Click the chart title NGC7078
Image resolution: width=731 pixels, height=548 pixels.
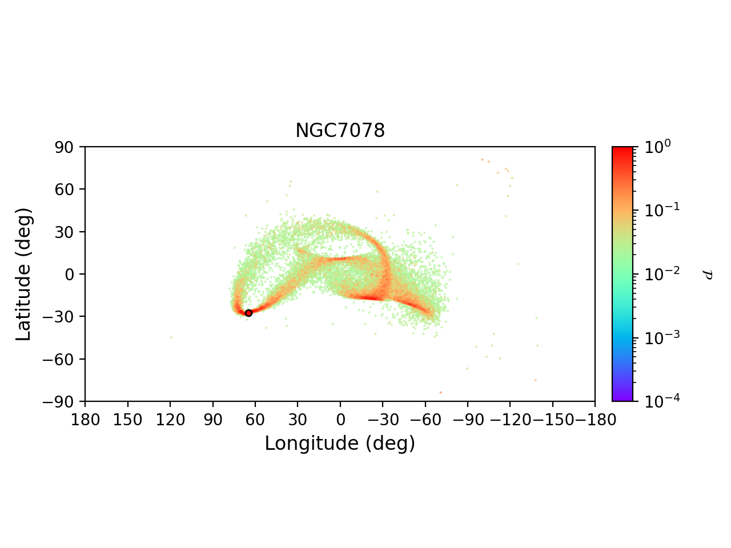pyautogui.click(x=340, y=131)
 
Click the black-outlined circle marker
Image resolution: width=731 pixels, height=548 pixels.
pyautogui.click(x=248, y=313)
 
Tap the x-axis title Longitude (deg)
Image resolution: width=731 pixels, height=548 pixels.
pyautogui.click(x=340, y=444)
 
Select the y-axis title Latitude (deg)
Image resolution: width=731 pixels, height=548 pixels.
pyautogui.click(x=23, y=274)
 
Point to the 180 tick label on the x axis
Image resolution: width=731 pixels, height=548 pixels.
pyautogui.click(x=85, y=420)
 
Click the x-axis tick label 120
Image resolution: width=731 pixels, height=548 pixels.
pyautogui.click(x=170, y=420)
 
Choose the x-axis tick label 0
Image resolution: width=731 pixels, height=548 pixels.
pyautogui.click(x=340, y=420)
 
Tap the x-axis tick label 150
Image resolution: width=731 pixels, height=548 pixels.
pyautogui.click(x=127, y=420)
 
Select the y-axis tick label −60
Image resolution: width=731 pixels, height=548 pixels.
pyautogui.click(x=62, y=359)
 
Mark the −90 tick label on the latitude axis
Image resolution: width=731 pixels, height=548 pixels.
pyautogui.click(x=62, y=401)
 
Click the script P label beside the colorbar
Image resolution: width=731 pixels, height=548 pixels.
pyautogui.click(x=708, y=275)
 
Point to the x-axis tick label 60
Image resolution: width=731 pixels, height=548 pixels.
pyautogui.click(x=255, y=420)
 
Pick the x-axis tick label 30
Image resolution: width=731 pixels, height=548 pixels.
pyautogui.click(x=298, y=420)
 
